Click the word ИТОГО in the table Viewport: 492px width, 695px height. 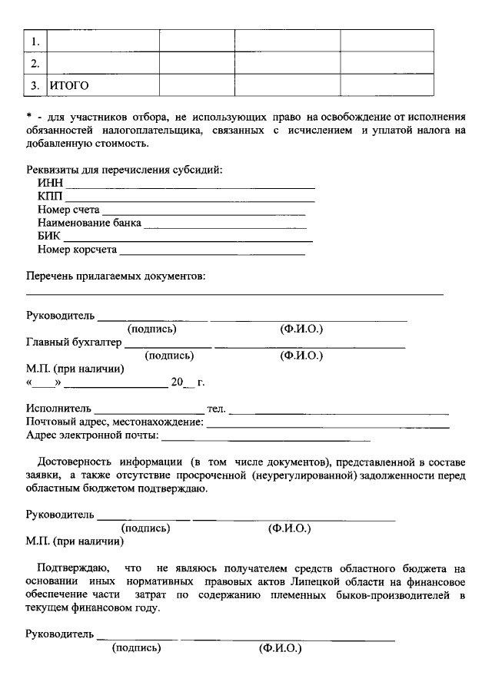click(68, 84)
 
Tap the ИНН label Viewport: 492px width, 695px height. click(50, 184)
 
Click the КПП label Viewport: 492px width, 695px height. click(50, 197)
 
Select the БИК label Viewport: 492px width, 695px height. click(48, 237)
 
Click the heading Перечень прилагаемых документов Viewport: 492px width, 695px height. click(116, 276)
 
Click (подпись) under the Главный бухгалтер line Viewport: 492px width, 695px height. click(169, 356)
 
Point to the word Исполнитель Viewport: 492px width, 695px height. click(58, 409)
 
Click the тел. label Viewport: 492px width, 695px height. click(216, 409)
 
